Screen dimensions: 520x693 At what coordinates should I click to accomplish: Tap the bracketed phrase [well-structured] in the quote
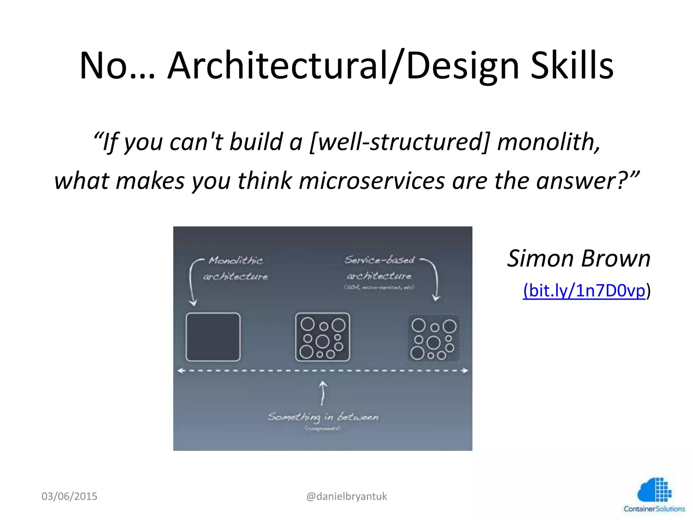click(400, 142)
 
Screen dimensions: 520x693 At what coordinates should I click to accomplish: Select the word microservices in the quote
click(372, 180)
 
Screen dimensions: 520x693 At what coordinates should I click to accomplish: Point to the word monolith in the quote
click(548, 142)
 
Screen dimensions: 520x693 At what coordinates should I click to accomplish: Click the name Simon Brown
click(579, 259)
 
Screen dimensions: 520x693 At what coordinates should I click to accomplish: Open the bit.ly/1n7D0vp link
click(584, 290)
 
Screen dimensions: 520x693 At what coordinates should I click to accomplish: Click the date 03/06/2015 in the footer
click(69, 496)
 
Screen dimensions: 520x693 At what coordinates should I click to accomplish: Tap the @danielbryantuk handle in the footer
click(346, 496)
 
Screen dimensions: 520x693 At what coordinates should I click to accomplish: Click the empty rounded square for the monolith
click(213, 337)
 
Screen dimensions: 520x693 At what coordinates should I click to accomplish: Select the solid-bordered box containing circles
click(322, 337)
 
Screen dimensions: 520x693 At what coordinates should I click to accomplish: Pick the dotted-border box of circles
click(433, 338)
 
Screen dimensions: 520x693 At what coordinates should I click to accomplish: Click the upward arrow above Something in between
click(323, 393)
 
